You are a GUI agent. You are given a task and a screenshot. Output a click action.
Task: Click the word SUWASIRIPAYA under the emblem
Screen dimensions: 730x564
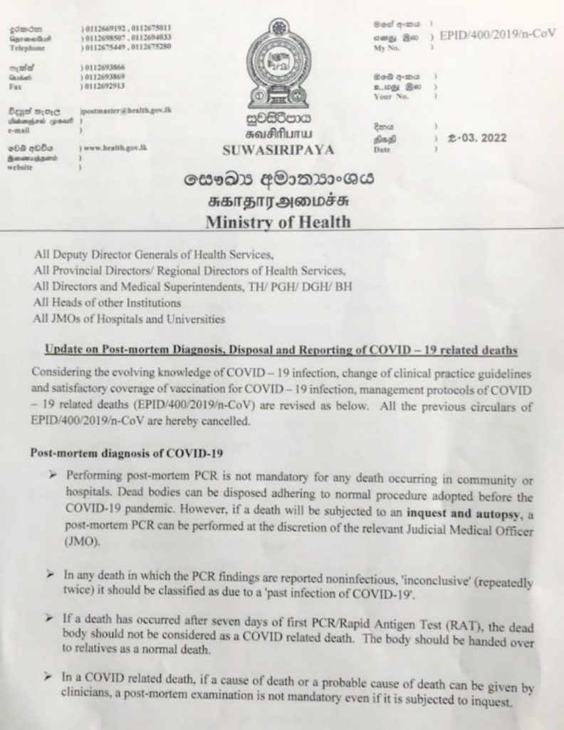point(277,150)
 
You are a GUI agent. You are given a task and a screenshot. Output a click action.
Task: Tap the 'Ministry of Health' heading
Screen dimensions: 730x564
point(278,222)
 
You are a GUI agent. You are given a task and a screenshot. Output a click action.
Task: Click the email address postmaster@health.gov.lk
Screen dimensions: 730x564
point(126,111)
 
